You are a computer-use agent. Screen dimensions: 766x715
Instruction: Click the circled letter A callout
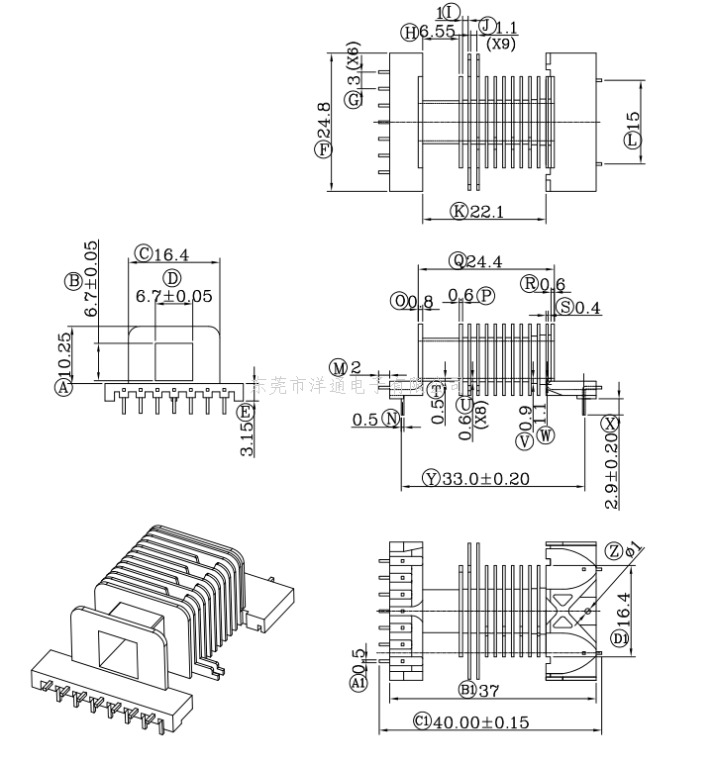(x=64, y=389)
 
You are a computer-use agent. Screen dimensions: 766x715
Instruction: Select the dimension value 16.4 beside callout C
(x=170, y=254)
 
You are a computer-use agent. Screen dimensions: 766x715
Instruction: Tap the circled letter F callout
(x=322, y=150)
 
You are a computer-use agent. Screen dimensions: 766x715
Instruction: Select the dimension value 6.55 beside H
(x=437, y=32)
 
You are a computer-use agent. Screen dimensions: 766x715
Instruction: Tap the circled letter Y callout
(x=430, y=479)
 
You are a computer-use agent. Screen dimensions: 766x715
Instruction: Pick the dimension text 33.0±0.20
(x=485, y=479)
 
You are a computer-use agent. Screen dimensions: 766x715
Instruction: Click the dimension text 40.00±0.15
(x=482, y=721)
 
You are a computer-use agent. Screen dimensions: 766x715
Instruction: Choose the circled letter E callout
(x=244, y=412)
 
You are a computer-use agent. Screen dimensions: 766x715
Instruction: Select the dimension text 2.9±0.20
(x=611, y=471)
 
